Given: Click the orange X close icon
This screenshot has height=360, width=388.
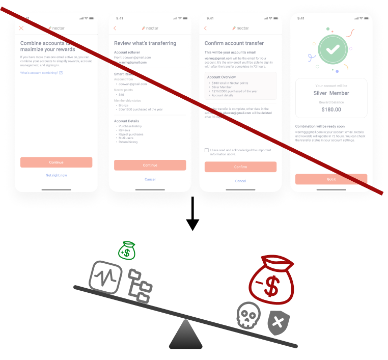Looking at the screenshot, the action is pos(21,28).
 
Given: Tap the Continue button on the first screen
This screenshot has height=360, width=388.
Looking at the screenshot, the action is pos(56,162).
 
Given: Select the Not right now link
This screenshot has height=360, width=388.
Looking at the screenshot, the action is pos(56,175).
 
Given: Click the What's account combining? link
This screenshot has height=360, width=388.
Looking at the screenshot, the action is pos(41,73).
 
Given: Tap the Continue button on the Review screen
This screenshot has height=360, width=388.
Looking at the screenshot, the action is pos(150,165).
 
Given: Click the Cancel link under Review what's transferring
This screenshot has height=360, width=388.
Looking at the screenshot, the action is pos(150,179).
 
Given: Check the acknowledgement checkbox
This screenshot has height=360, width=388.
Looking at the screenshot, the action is pos(206,150).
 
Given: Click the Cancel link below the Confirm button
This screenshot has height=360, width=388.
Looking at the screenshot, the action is pos(240,181).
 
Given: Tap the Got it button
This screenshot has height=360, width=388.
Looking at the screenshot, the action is pos(331,179).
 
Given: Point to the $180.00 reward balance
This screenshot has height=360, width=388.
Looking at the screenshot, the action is pos(331,109).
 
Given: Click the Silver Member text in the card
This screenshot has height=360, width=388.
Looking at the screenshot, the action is pos(331,93).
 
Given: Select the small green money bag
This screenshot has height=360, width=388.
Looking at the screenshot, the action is pos(127,251).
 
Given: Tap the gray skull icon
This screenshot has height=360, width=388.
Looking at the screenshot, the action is pos(248,315).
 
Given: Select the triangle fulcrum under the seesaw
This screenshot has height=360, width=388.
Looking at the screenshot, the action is pos(186,336).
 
